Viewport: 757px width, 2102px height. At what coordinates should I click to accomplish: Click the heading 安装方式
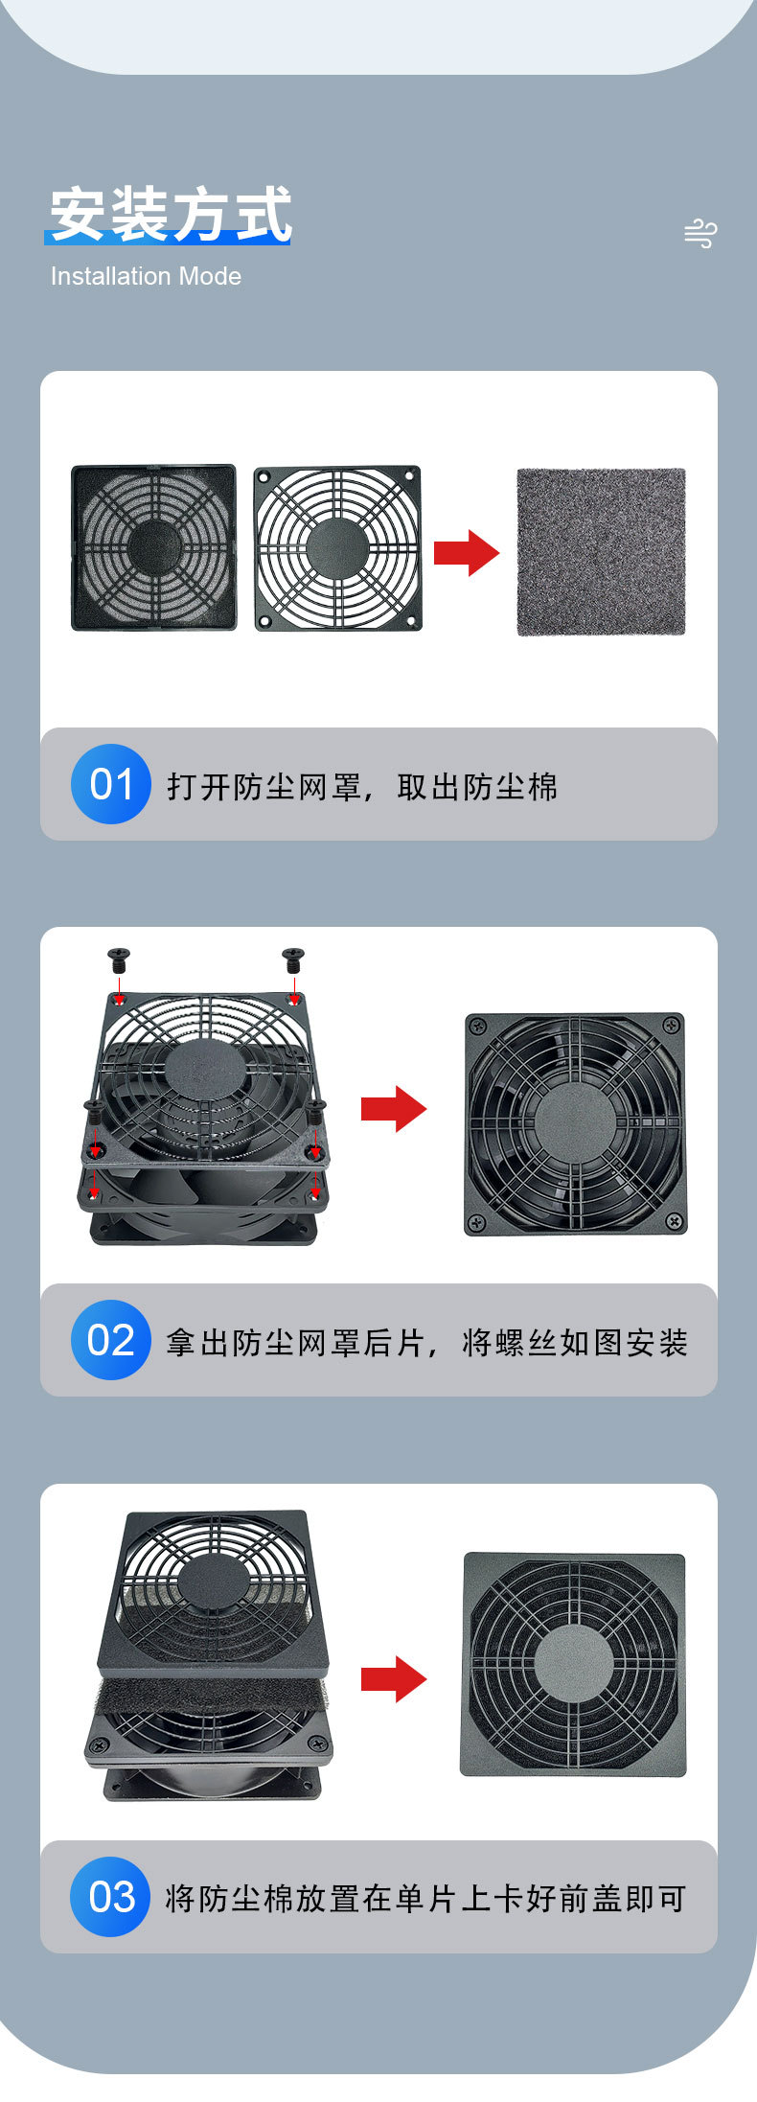[x=170, y=215]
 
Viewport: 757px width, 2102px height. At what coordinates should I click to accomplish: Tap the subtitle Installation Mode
[x=146, y=277]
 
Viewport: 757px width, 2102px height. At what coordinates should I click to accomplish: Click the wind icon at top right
[x=700, y=233]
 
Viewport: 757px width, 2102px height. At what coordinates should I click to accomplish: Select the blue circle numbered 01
[x=111, y=784]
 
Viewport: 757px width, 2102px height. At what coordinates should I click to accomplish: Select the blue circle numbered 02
[x=111, y=1340]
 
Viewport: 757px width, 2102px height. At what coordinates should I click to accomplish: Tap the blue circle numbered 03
[x=111, y=1897]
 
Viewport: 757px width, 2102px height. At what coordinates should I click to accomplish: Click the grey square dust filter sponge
[x=601, y=551]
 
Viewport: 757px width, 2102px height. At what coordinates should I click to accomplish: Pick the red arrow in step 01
[x=467, y=552]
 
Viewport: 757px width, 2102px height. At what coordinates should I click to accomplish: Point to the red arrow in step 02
[x=394, y=1109]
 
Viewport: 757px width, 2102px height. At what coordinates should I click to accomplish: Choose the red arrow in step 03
[x=394, y=1679]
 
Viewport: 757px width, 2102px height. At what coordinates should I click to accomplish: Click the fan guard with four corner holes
[x=337, y=548]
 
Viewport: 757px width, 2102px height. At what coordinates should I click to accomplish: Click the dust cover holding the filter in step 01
[x=154, y=548]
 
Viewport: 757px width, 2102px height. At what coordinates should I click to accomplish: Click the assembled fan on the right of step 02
[x=575, y=1123]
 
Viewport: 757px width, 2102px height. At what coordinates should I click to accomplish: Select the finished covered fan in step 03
[x=573, y=1665]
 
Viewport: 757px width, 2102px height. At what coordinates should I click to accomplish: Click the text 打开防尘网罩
[x=264, y=787]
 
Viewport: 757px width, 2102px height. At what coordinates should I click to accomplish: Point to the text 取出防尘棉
[x=477, y=787]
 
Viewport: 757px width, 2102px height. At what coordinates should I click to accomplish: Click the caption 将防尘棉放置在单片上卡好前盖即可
[x=425, y=1898]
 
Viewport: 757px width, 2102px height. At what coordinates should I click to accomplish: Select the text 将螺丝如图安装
[x=575, y=1343]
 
